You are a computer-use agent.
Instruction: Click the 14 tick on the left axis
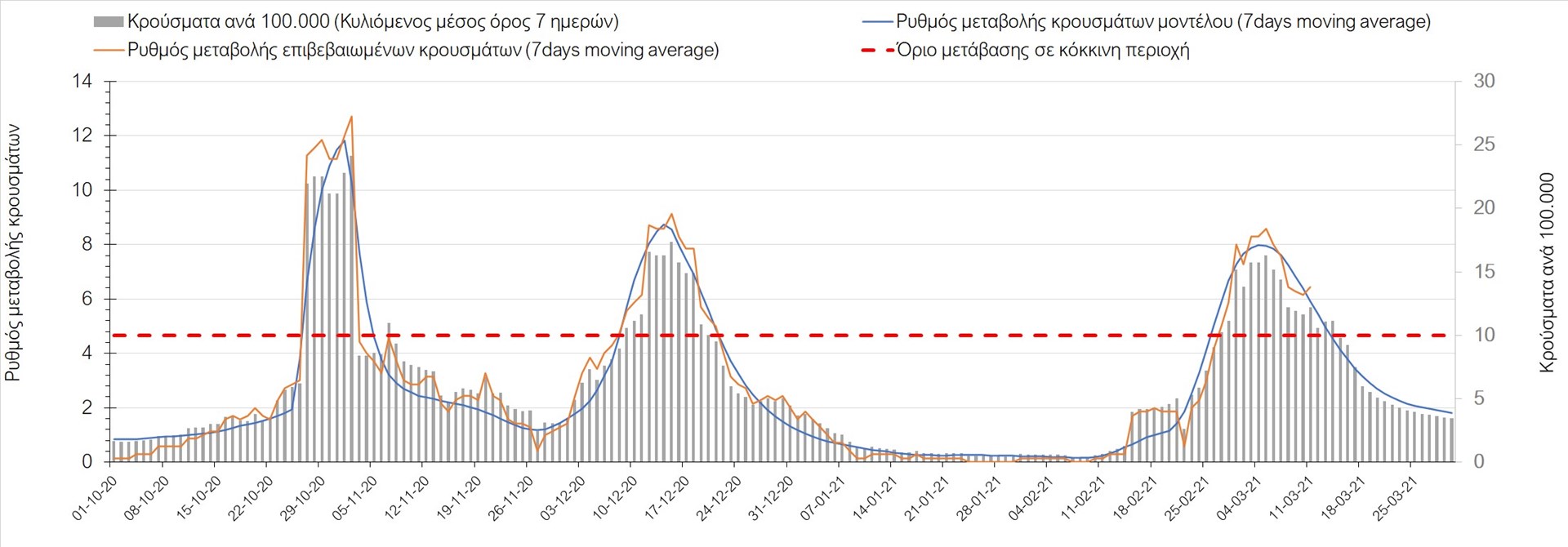point(82,82)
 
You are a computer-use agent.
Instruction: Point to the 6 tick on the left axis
point(87,299)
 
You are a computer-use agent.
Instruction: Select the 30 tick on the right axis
point(1484,82)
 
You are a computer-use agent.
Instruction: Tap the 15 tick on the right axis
point(1484,271)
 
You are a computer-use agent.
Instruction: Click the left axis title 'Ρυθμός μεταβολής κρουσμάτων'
point(13,253)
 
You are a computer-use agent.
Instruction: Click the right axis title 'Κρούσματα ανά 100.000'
point(1547,273)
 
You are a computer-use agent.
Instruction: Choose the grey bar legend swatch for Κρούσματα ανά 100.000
point(109,22)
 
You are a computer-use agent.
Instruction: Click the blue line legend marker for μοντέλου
point(877,22)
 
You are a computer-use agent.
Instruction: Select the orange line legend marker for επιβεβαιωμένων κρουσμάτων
point(109,50)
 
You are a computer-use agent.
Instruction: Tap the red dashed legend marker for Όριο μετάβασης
point(877,50)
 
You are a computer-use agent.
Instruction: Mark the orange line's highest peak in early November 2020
point(351,117)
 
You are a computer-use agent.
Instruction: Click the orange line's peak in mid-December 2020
point(671,214)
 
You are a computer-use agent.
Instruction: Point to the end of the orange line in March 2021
point(1310,287)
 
